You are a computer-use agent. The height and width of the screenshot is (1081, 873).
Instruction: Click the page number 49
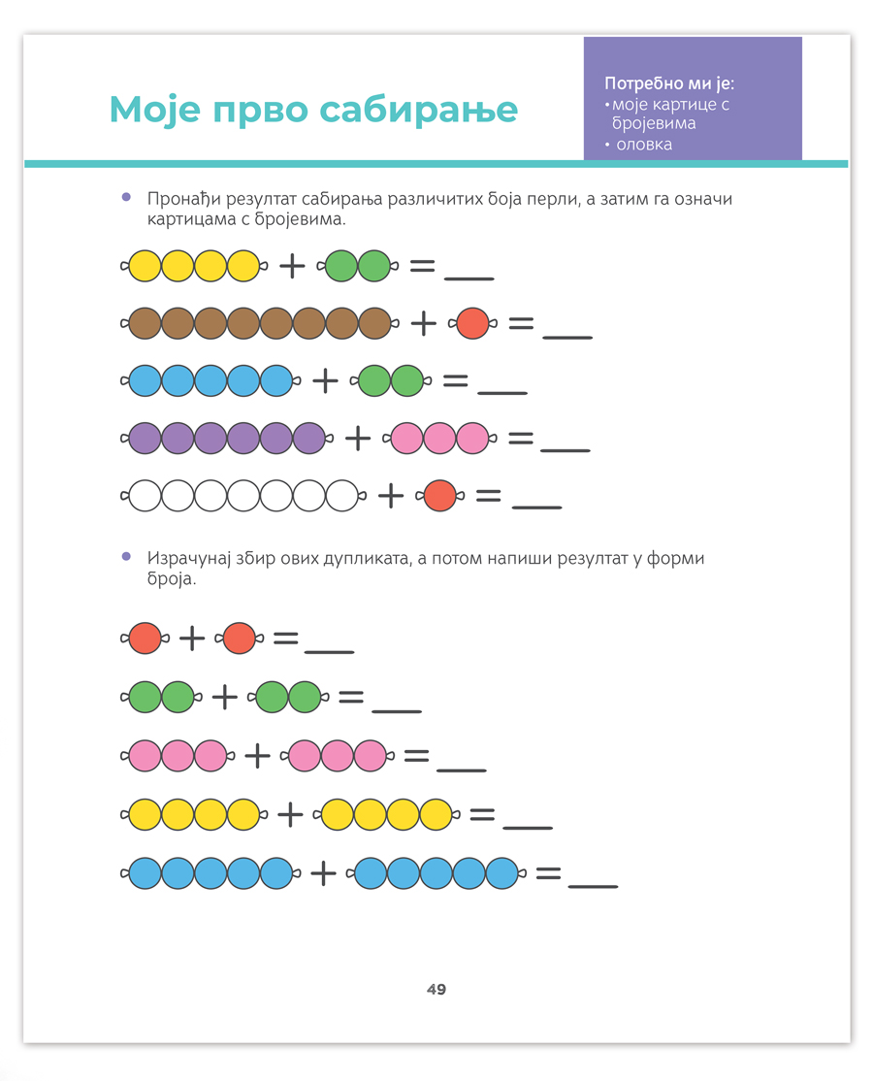[436, 990]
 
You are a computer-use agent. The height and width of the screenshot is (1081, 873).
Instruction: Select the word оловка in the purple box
[643, 145]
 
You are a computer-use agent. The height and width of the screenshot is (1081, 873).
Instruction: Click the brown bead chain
[260, 323]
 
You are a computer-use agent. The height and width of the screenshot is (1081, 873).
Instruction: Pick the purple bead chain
[228, 439]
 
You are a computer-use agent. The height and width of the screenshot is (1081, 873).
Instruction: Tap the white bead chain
[243, 497]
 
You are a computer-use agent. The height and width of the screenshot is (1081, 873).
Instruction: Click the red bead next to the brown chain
[472, 323]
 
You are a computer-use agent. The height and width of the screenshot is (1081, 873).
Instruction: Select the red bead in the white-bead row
[440, 497]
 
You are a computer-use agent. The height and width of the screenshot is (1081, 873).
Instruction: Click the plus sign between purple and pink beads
[358, 440]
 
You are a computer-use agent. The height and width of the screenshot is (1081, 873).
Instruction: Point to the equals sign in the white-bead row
[488, 497]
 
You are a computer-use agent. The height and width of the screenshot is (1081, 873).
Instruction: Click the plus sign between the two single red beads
[192, 639]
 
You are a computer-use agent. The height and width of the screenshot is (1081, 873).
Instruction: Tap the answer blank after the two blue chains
[592, 886]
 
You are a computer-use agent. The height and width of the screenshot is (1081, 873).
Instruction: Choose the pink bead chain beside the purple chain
[439, 439]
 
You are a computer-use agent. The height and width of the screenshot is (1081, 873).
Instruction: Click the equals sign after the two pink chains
[416, 755]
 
